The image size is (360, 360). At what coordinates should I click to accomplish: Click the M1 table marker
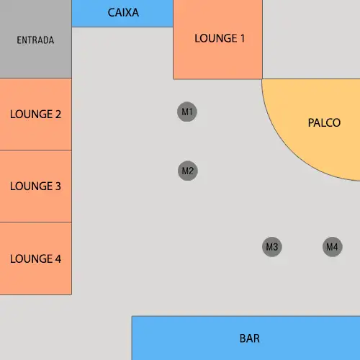coord(187,112)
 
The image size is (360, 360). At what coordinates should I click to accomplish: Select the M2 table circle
coord(188,171)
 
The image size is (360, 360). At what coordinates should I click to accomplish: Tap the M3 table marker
coord(272,247)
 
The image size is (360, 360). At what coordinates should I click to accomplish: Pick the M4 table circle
coord(333,247)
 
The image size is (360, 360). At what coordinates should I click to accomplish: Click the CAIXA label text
coord(123,12)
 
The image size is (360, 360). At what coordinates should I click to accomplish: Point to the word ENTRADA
coord(35,40)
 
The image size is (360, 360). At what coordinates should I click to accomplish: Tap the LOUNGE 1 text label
coord(220,38)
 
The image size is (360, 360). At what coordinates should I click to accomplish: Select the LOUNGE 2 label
coord(35,114)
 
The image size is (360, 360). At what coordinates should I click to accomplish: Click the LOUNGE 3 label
coord(35,186)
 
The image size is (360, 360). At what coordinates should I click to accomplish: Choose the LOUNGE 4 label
coord(35,258)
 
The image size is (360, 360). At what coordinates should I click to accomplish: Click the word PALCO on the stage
coord(324,122)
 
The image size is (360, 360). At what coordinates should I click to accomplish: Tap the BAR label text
coord(250,338)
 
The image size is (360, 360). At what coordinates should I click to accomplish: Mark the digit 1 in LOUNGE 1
coord(242,38)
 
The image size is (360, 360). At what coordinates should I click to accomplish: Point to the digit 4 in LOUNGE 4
coord(58,258)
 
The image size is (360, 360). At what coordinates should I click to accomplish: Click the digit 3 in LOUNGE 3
coord(58,186)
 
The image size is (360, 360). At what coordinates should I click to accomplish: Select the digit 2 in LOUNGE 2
coord(58,114)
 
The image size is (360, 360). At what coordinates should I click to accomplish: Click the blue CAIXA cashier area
coord(122,13)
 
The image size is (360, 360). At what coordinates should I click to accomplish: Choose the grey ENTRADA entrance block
coord(36,39)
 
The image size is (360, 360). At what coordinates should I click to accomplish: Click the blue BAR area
coord(246,338)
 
